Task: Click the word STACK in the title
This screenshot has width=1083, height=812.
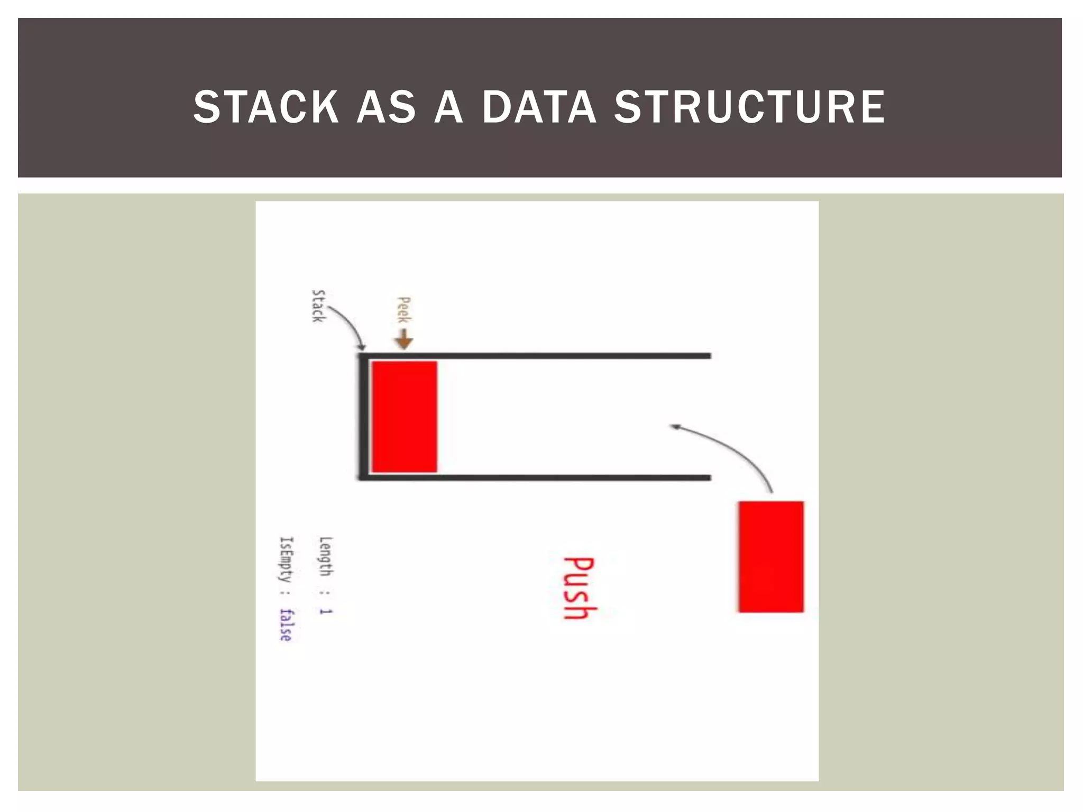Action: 266,107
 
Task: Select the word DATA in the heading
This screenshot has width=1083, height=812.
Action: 539,107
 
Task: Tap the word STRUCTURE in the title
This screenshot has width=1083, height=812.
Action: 749,107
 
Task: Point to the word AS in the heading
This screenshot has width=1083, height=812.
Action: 387,107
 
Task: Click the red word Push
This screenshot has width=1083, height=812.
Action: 579,587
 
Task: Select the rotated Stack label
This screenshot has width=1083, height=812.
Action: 318,306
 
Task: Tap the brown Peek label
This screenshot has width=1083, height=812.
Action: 403,310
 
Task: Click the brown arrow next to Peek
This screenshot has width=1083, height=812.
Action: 404,339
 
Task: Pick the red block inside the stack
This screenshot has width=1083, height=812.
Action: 404,417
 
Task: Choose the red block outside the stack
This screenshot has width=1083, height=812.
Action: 770,557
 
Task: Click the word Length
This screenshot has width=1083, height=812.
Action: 326,556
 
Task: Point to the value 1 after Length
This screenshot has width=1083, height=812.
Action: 325,612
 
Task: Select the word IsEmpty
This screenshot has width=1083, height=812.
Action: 286,559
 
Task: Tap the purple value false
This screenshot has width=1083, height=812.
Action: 286,625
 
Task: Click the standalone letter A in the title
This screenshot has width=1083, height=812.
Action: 448,107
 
